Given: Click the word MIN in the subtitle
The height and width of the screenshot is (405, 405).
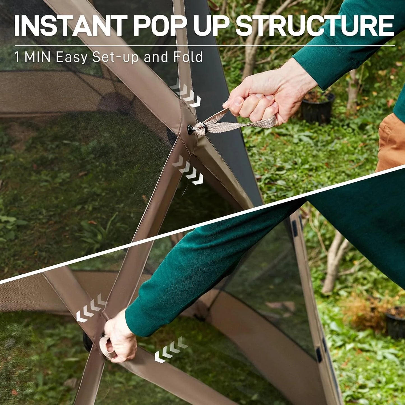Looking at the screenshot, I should click(38, 57).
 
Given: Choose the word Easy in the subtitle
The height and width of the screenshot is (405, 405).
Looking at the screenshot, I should click(72, 57).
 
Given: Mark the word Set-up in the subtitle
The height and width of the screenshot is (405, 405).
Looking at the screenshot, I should click(115, 57).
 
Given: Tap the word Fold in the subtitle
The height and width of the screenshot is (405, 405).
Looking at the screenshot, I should click(188, 57).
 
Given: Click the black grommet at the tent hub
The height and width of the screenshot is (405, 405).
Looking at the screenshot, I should click(192, 129).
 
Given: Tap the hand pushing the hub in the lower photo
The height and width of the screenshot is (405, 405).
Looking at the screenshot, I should click(119, 338).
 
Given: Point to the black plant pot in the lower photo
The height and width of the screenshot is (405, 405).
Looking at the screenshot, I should click(395, 322).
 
